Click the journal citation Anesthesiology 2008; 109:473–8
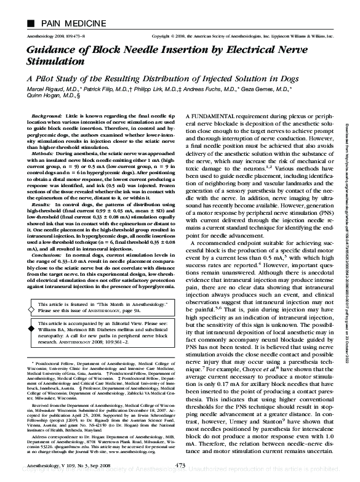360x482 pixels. (x=58, y=37)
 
